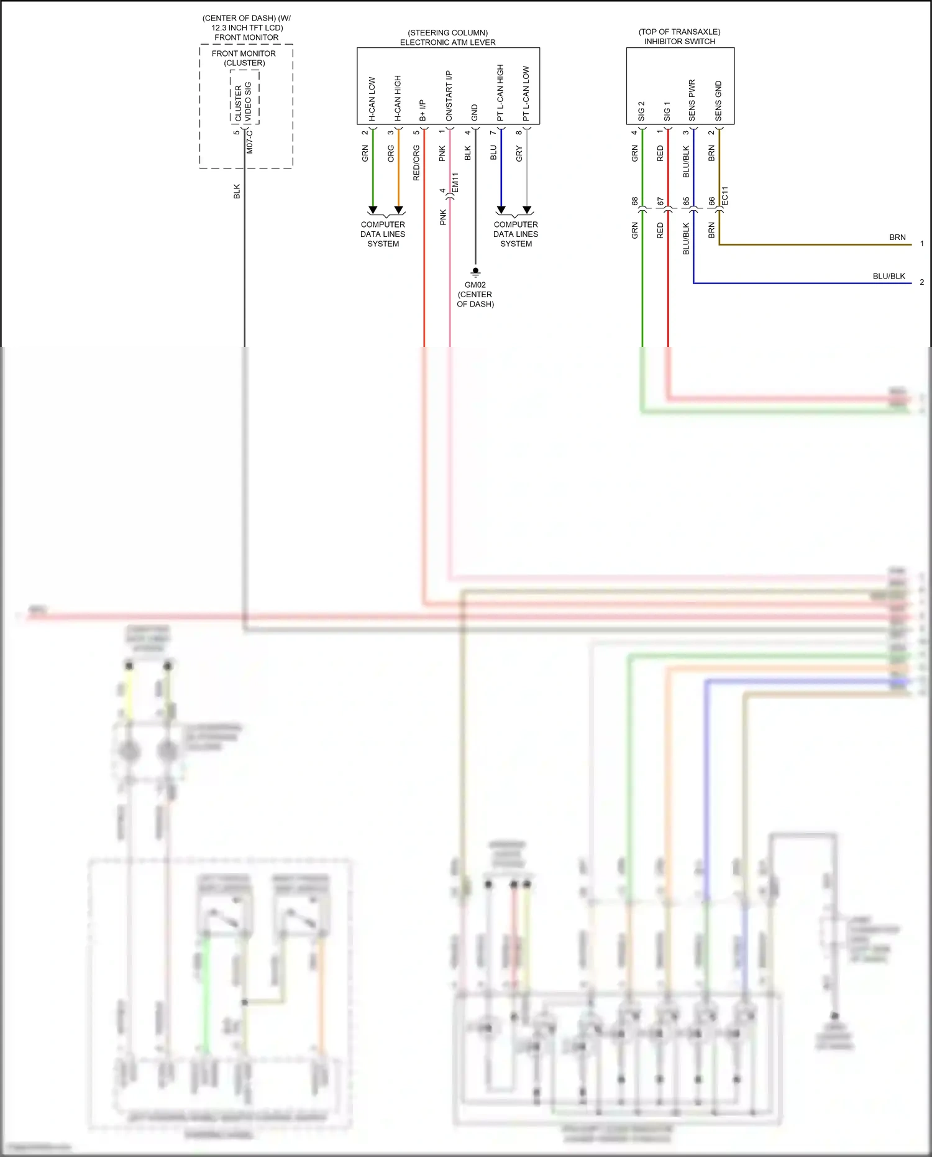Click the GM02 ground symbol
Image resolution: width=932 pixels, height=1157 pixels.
pos(475,272)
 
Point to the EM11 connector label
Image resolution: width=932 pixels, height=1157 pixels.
pos(455,182)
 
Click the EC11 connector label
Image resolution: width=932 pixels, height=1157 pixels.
pos(724,196)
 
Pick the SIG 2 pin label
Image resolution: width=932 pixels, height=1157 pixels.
pos(641,111)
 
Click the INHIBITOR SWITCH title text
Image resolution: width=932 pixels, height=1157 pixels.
pos(680,42)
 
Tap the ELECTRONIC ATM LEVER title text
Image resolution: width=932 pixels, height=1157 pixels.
pos(447,42)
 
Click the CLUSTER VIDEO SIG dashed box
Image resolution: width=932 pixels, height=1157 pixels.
pos(244,97)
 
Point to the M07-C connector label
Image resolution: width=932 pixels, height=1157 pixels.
pos(250,141)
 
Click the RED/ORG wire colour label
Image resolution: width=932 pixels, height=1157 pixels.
pos(416,163)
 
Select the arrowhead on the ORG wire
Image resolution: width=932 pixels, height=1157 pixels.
pos(399,210)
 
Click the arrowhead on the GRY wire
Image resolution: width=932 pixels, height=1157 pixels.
pos(527,210)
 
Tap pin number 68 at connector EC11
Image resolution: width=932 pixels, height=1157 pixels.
pos(634,201)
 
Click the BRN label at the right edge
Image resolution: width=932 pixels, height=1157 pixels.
pos(897,237)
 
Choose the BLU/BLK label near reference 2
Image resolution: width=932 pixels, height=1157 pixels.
pos(889,276)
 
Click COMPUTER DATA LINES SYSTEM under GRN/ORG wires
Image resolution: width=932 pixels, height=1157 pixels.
pos(383,234)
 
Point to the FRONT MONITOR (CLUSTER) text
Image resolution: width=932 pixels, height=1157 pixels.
pos(244,58)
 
